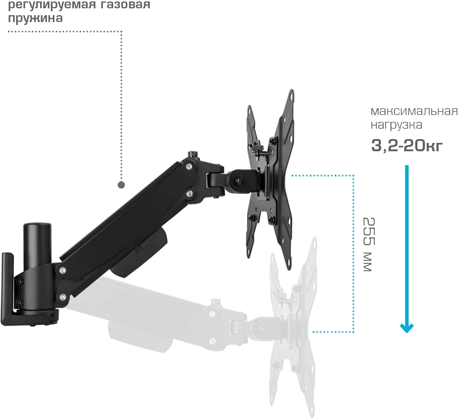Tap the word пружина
coord(34,19)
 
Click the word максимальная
coord(414,110)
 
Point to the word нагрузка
coord(396,125)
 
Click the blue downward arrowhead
coord(407,327)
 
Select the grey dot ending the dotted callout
coord(121,185)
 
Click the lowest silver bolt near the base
coord(62,296)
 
